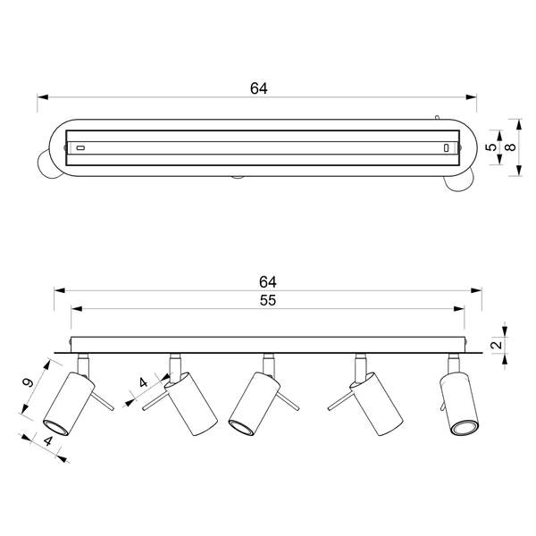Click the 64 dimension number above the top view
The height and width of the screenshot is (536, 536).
click(258, 88)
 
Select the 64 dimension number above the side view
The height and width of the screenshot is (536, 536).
click(267, 281)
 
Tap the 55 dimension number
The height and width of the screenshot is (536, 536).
click(267, 301)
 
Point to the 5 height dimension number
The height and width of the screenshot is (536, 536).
click(490, 147)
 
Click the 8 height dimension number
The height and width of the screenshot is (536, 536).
click(510, 147)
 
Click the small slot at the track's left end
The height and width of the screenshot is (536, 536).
click(80, 147)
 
